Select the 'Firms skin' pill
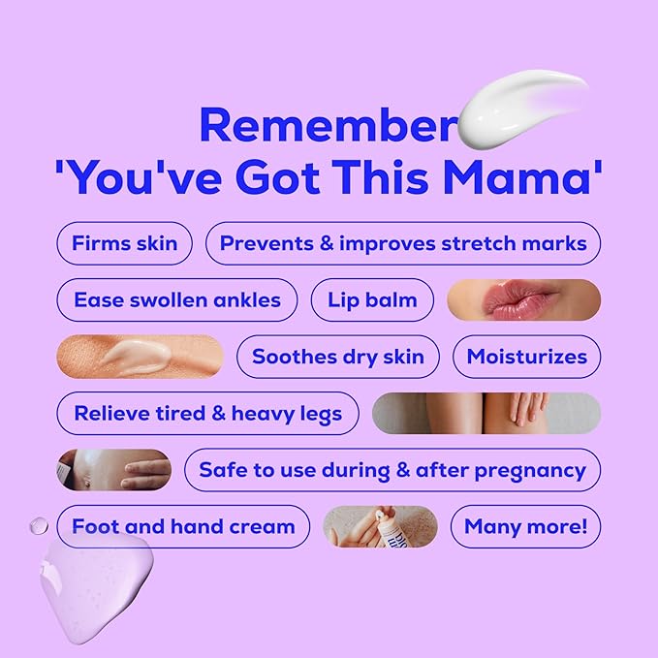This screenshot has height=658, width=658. click(124, 243)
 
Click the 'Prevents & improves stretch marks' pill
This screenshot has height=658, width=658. click(403, 243)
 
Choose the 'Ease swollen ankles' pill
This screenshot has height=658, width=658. click(177, 300)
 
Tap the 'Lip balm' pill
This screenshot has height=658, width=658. click(372, 300)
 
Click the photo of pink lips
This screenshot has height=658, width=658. click(523, 300)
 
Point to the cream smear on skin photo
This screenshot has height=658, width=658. click(140, 357)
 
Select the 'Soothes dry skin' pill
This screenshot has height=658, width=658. click(337, 357)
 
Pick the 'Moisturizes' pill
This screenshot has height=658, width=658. click(526, 357)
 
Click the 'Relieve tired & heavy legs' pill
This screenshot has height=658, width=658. click(207, 414)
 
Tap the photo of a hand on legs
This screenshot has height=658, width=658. click(486, 413)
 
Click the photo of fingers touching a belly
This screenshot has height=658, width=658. click(114, 470)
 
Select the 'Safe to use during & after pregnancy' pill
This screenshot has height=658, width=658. click(392, 470)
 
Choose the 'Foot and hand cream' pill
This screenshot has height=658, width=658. click(183, 527)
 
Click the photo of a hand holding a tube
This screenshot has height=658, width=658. click(380, 527)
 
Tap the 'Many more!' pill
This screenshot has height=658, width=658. click(525, 527)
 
